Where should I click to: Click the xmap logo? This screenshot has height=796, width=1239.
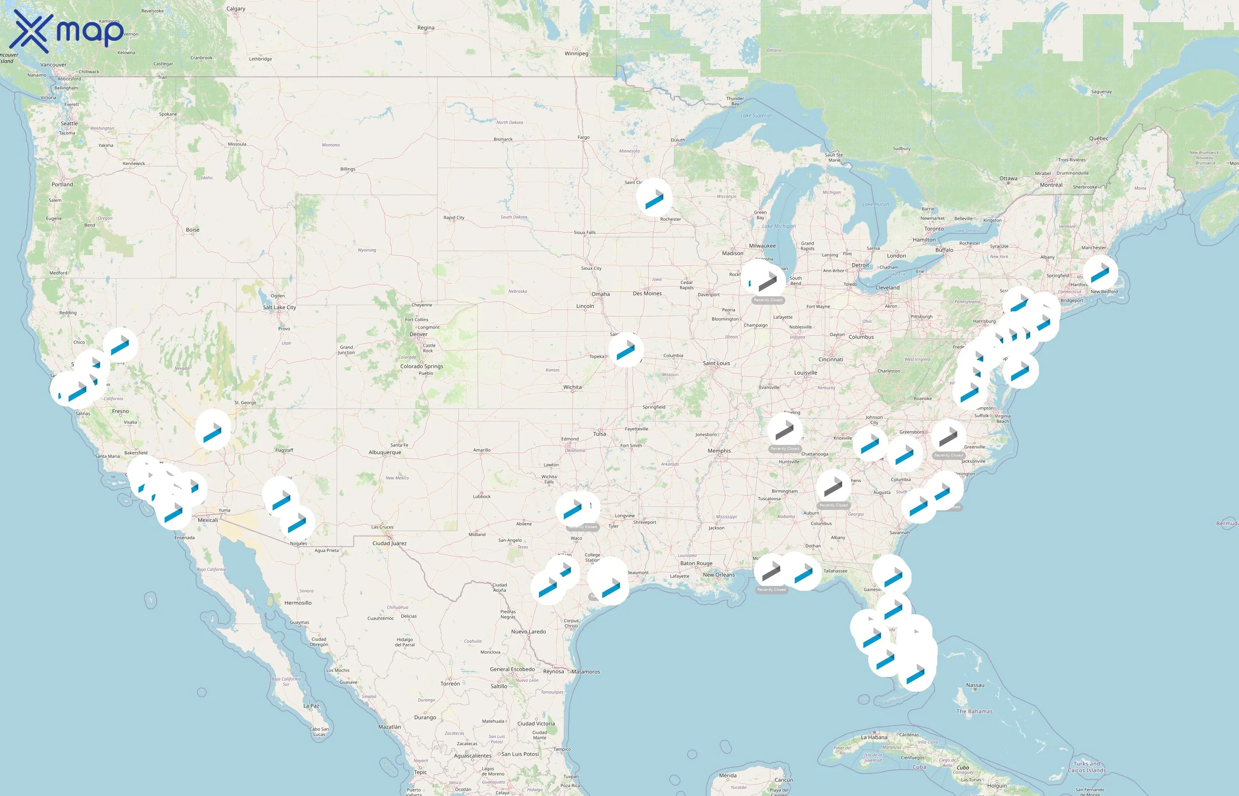67,31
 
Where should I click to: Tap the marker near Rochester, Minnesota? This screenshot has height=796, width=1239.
654,197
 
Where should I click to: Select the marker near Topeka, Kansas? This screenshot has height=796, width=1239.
626,349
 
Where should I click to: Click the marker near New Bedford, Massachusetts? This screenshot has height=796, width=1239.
1100,272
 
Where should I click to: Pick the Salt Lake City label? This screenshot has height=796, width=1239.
279,307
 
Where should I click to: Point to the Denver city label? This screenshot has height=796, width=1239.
418,334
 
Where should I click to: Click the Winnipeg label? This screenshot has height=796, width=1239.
576,54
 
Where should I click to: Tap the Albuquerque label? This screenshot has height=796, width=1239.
385,453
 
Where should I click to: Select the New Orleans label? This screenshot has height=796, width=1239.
718,575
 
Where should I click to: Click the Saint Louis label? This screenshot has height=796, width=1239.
716,364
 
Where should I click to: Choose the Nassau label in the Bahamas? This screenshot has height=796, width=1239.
975,685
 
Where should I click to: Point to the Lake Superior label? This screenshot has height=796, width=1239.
756,116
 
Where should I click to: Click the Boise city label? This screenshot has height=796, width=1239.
192,230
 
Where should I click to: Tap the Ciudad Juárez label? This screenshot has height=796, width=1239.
389,543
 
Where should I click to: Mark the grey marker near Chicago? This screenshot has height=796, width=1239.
768,280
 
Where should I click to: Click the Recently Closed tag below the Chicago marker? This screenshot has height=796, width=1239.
768,300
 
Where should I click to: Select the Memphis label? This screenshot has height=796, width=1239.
719,451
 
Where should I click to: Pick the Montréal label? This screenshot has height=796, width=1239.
1051,185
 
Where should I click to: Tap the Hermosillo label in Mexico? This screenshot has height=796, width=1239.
298,603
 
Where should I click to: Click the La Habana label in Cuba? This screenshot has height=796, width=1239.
874,738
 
